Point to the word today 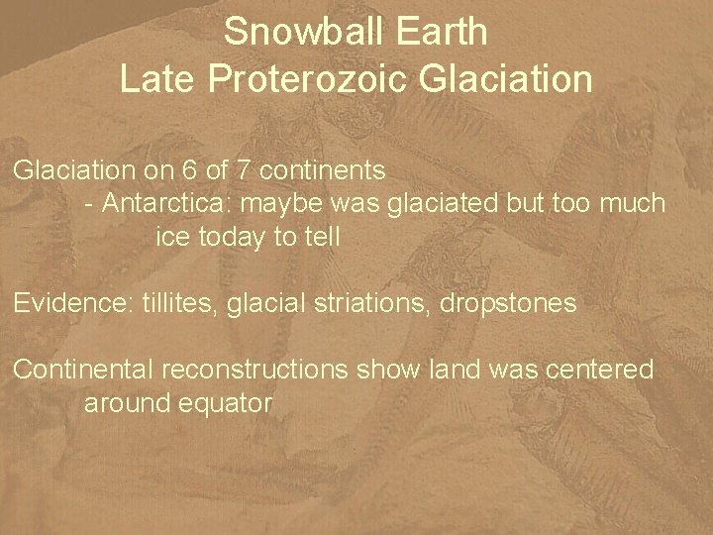(238, 238)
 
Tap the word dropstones (504, 303)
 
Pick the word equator (227, 403)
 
